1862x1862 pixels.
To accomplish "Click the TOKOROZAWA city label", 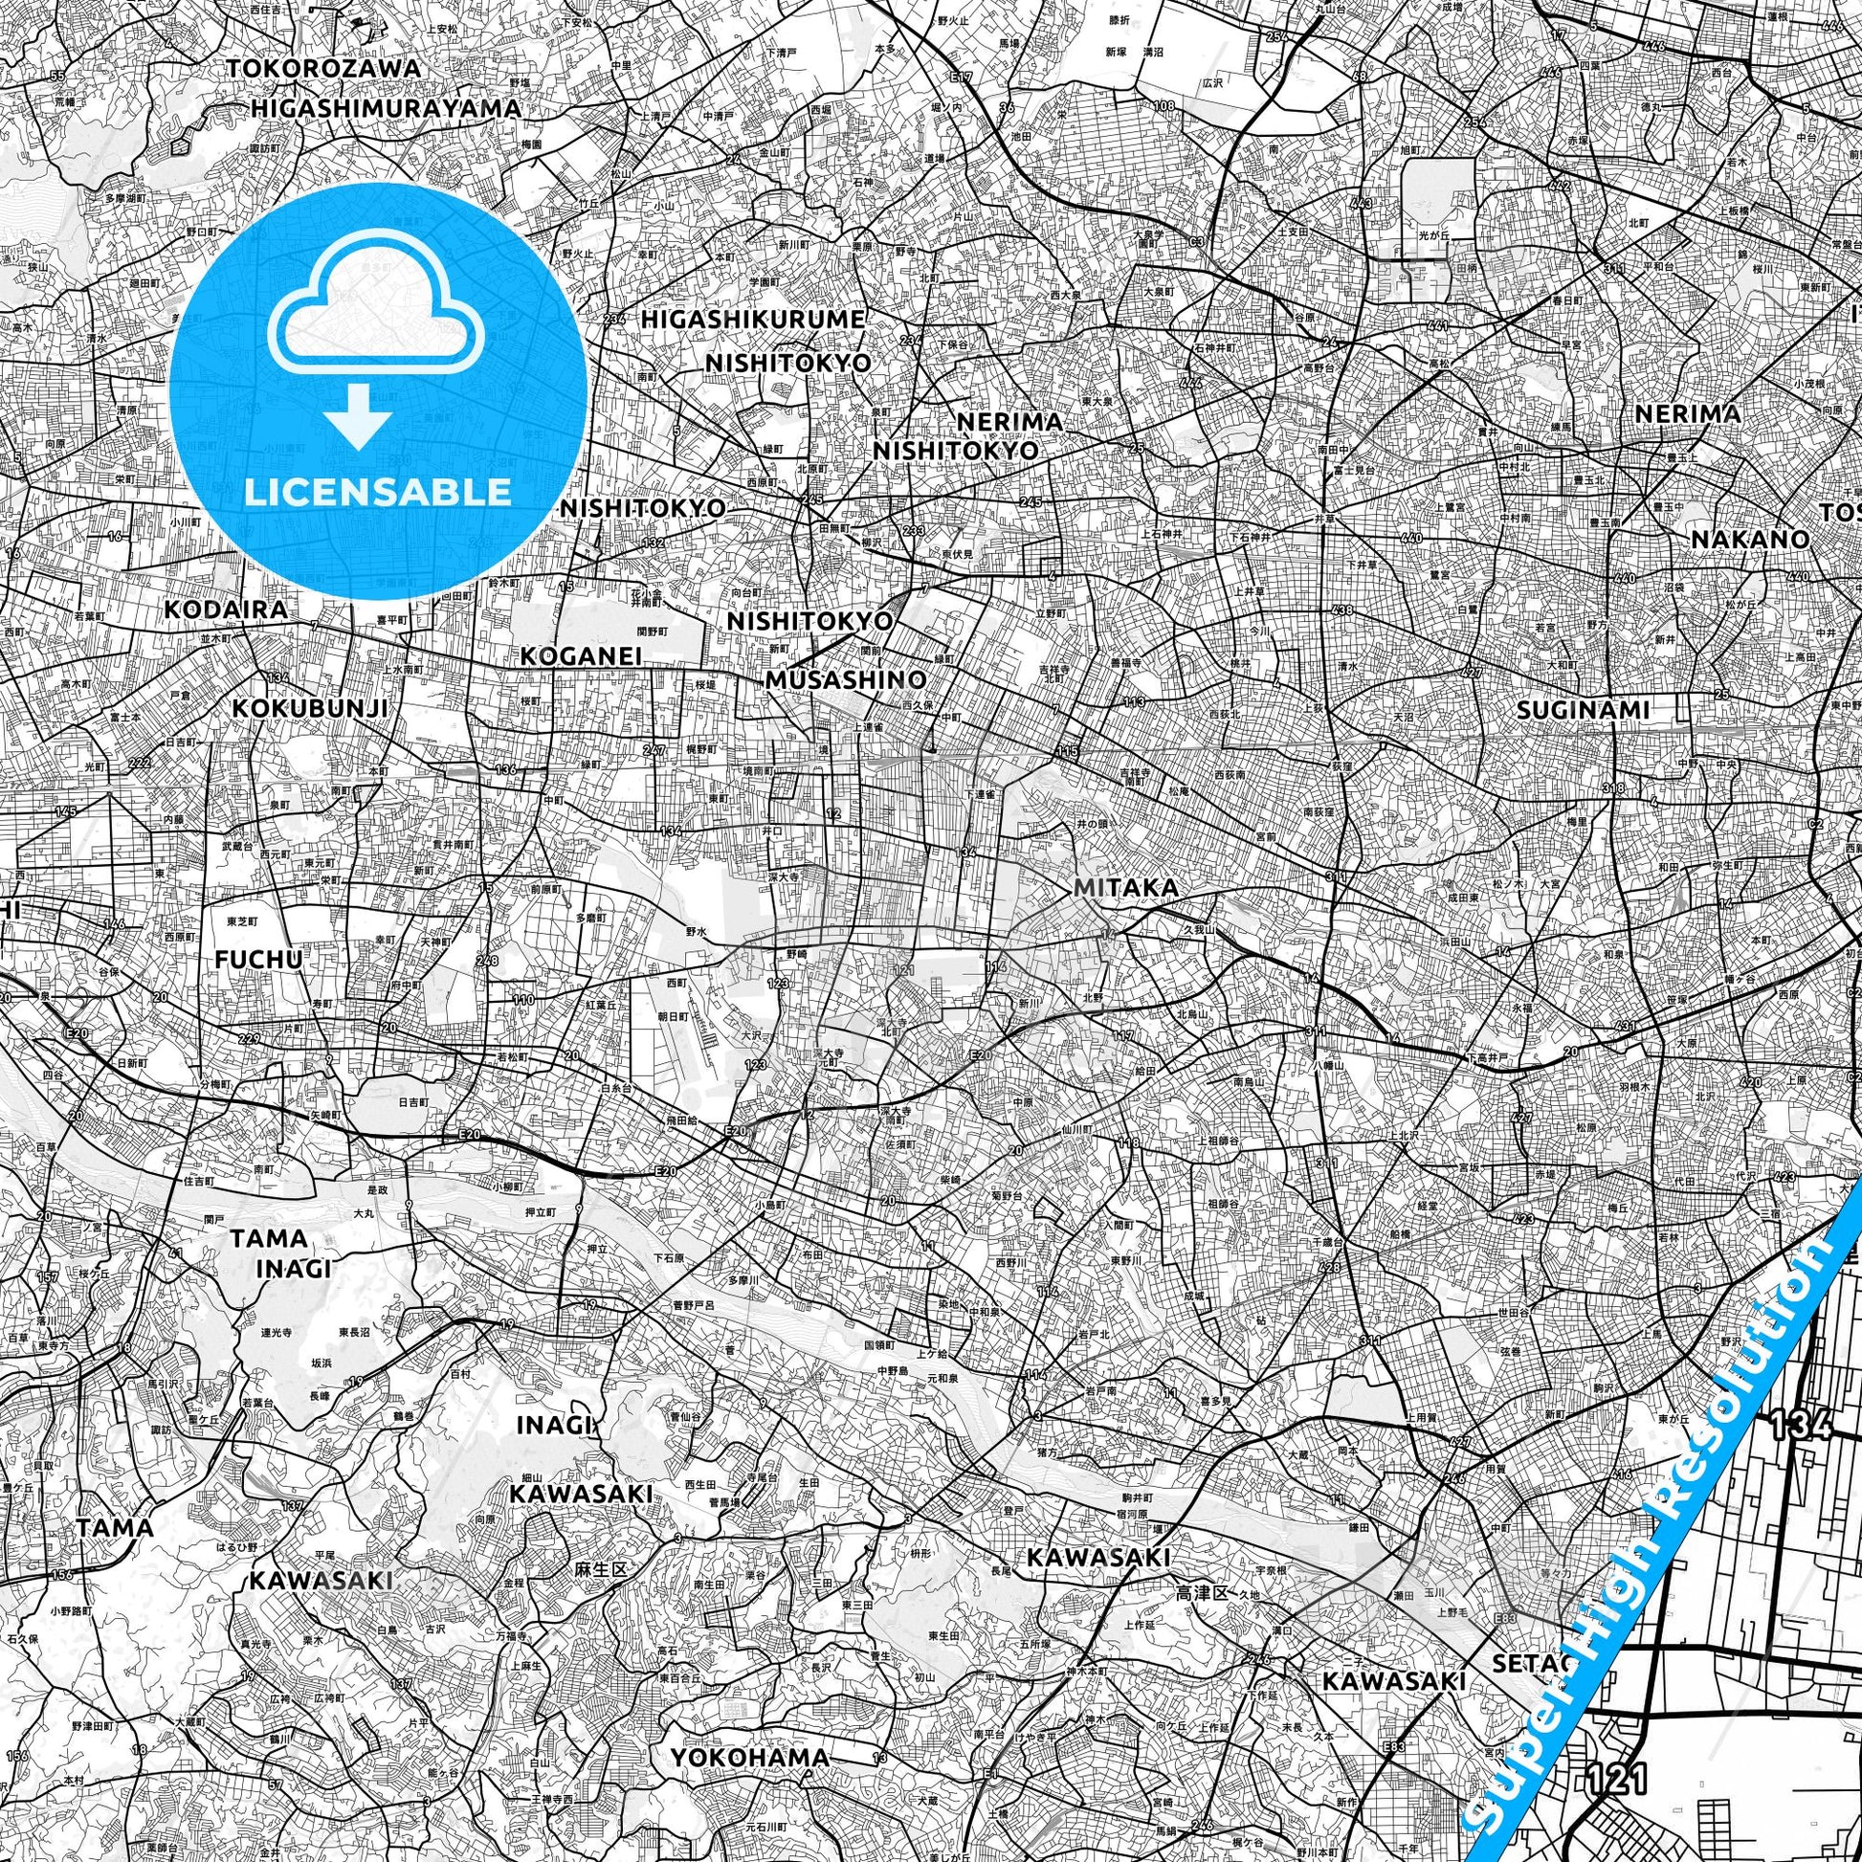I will coord(324,70).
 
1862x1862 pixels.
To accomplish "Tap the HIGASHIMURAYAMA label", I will coord(386,108).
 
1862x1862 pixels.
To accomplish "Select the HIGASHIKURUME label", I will coord(753,319).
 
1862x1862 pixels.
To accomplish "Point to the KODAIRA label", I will coord(226,610).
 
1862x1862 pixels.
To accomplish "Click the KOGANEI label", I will coord(581,656).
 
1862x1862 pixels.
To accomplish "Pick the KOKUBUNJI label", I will coord(310,708).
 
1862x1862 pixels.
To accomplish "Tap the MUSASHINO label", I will coord(846,680).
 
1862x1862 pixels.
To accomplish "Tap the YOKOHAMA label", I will coord(749,1703).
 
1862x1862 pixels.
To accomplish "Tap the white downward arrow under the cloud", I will coord(358,416).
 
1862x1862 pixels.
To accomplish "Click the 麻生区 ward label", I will coord(601,1570).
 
